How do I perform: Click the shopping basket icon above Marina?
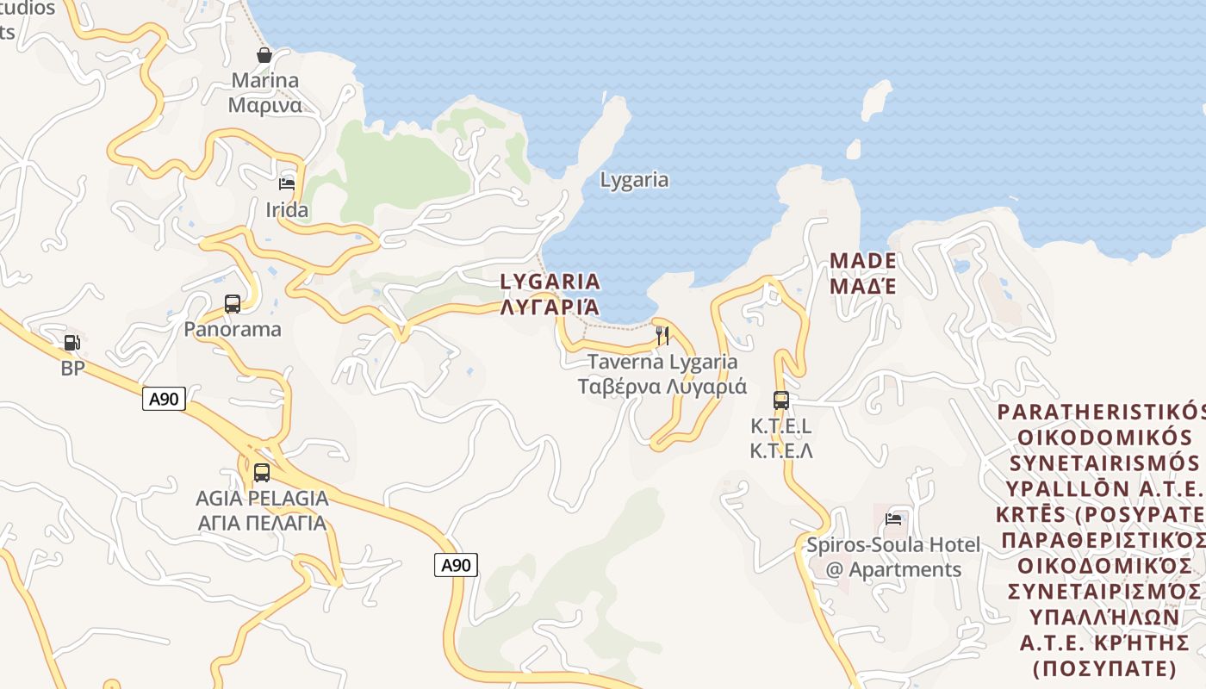point(264,55)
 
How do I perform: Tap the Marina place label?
point(264,81)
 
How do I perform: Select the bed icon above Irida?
point(287,184)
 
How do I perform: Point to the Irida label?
point(287,210)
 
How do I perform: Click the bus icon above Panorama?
point(233,303)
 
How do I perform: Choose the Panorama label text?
point(233,329)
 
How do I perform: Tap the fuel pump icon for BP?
point(72,343)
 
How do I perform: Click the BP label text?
point(72,369)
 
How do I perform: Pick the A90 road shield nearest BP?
point(164,399)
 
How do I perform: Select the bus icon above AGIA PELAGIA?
point(262,473)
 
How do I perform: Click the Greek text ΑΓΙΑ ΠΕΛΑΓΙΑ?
point(262,523)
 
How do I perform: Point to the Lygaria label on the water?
point(634,180)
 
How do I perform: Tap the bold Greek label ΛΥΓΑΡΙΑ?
point(550,307)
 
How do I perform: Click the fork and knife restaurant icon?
point(662,336)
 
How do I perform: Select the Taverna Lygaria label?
point(662,363)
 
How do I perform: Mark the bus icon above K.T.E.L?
point(781,400)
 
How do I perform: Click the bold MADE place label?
point(862,260)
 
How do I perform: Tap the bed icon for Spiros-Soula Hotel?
point(893,519)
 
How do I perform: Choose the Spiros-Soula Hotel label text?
point(892,545)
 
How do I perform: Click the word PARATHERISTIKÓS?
point(1099,410)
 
